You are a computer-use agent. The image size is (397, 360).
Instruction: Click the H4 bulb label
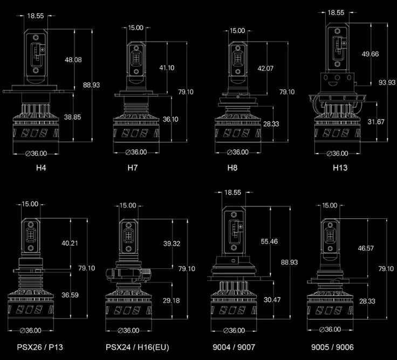tap(41, 168)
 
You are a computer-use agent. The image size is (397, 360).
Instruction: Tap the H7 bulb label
tap(133, 168)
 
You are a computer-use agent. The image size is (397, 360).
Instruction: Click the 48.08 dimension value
tap(73, 59)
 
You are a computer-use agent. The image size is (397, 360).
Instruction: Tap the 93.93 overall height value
tap(386, 82)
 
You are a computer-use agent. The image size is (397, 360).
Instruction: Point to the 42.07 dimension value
tap(266, 68)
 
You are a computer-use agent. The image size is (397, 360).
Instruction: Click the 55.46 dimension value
tap(269, 241)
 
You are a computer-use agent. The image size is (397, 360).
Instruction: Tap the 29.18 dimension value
tap(172, 300)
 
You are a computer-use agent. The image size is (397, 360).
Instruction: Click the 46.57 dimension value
tap(366, 248)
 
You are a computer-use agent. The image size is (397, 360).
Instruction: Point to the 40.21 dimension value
tap(70, 243)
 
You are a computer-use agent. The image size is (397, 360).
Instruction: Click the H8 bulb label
tap(232, 168)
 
